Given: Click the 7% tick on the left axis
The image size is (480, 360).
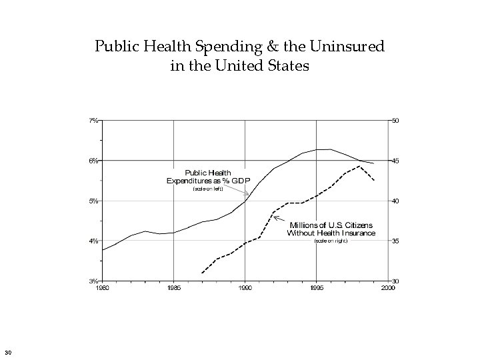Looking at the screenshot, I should (x=94, y=121).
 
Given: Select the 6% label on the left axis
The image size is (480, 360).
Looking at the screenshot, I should (x=94, y=161).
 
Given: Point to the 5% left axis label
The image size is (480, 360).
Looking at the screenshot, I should (x=94, y=201).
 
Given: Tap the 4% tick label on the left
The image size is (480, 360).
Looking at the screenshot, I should (x=94, y=241).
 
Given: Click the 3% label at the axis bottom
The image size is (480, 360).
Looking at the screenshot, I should (x=94, y=281).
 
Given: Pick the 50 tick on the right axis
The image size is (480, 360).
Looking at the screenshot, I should (x=395, y=121).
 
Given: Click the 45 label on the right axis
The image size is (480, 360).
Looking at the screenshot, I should (x=395, y=161).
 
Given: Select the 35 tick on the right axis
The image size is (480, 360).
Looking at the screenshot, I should (x=395, y=241).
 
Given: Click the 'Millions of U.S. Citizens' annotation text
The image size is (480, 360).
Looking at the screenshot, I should (x=331, y=225).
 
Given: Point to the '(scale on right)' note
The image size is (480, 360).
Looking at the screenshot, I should (x=331, y=241).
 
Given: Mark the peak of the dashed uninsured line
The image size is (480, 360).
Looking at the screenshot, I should (x=359, y=166).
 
